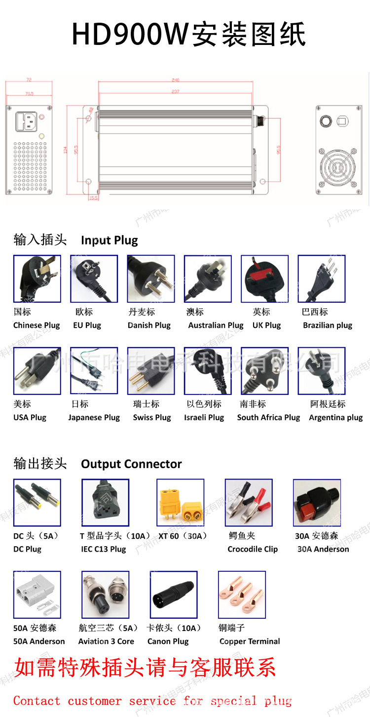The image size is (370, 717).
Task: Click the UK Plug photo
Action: pos(264,279)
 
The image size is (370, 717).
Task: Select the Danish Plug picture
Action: pos(150,279)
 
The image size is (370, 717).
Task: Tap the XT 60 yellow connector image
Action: pos(180,503)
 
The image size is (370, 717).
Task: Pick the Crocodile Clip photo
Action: pos(248,503)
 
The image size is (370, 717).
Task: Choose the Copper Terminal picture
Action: pos(242,595)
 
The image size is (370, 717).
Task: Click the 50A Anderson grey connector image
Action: pos(37,595)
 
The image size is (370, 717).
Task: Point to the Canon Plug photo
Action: pos(173,595)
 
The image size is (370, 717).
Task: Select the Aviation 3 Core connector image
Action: pos(105,595)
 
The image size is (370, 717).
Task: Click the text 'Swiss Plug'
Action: pos(152,417)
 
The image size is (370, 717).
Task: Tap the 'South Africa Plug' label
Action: pos(268,417)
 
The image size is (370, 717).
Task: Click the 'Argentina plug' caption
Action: pos(335,417)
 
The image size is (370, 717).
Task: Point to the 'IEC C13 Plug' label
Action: pos(104,549)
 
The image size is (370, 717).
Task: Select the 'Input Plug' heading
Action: pos(110,240)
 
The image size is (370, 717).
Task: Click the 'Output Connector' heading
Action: pos(131,464)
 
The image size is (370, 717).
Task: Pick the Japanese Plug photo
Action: pos(94,371)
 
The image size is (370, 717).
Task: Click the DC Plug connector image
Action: pos(37,503)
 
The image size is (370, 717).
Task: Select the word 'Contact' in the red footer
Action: pos(37,701)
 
